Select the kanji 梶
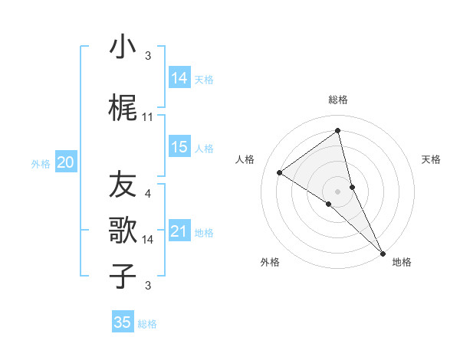pyautogui.click(x=122, y=109)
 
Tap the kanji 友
pyautogui.click(x=122, y=185)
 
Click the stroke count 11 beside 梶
pyautogui.click(x=148, y=116)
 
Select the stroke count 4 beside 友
pyautogui.click(x=148, y=193)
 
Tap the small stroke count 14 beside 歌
pyautogui.click(x=148, y=240)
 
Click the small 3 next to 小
pyautogui.click(x=148, y=55)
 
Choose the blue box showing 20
pyautogui.click(x=66, y=162)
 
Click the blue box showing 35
pyautogui.click(x=123, y=322)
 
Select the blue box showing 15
pyautogui.click(x=179, y=147)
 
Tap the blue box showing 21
pyautogui.click(x=179, y=231)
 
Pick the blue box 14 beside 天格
pyautogui.click(x=179, y=78)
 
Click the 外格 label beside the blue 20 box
pyautogui.click(x=41, y=163)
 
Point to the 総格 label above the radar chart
pyautogui.click(x=337, y=100)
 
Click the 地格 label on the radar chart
pyautogui.click(x=402, y=262)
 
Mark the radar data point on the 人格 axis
pyautogui.click(x=280, y=172)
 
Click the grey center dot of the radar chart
pyautogui.click(x=337, y=191)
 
